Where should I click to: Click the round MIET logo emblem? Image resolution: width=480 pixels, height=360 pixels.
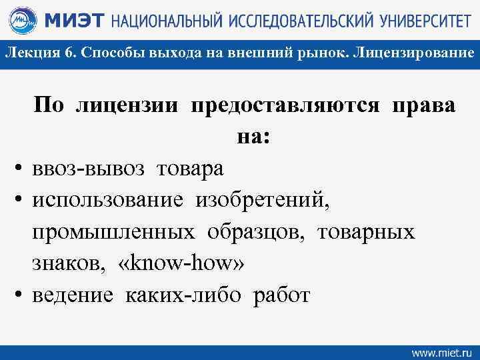[x=24, y=21]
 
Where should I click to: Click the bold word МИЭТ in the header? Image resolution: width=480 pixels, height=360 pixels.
[x=73, y=21]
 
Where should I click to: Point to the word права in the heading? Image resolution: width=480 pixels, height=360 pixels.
[x=425, y=105]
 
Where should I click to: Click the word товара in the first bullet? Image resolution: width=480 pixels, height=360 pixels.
[x=191, y=169]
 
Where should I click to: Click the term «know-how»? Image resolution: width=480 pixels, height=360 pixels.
[x=181, y=263]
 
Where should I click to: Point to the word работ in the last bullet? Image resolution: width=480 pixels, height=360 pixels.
[x=281, y=295]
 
